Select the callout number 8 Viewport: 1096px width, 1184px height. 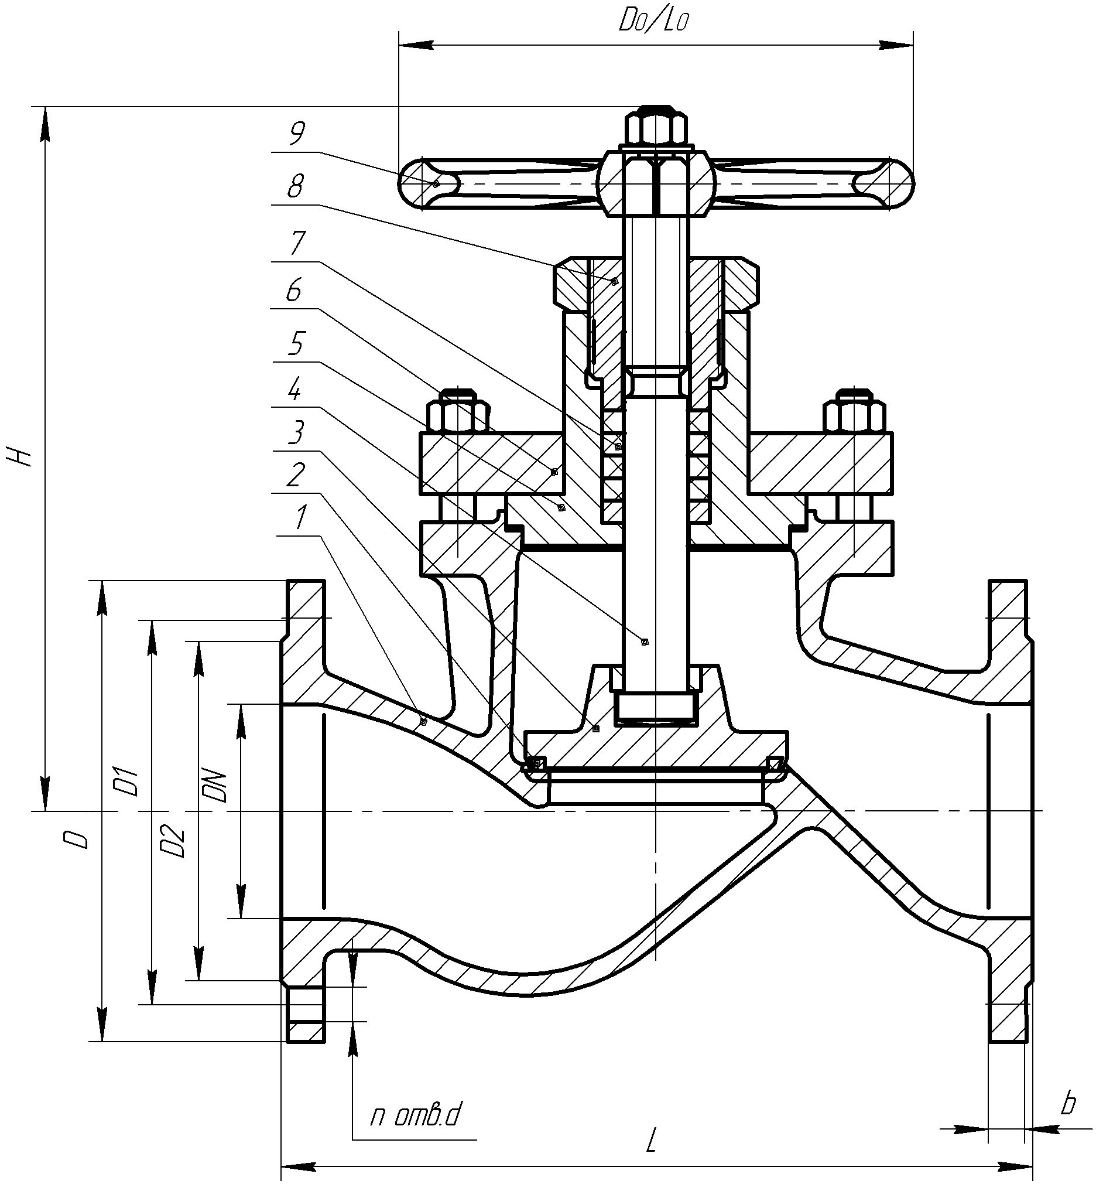(x=294, y=187)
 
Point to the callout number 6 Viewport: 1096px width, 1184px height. (x=293, y=290)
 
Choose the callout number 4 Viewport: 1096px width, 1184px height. (x=294, y=390)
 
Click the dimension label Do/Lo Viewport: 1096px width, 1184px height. (x=654, y=22)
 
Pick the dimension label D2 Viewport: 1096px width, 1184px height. (x=175, y=841)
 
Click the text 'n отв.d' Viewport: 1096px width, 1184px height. (x=415, y=1117)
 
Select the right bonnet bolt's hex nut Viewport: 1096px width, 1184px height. (x=854, y=413)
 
